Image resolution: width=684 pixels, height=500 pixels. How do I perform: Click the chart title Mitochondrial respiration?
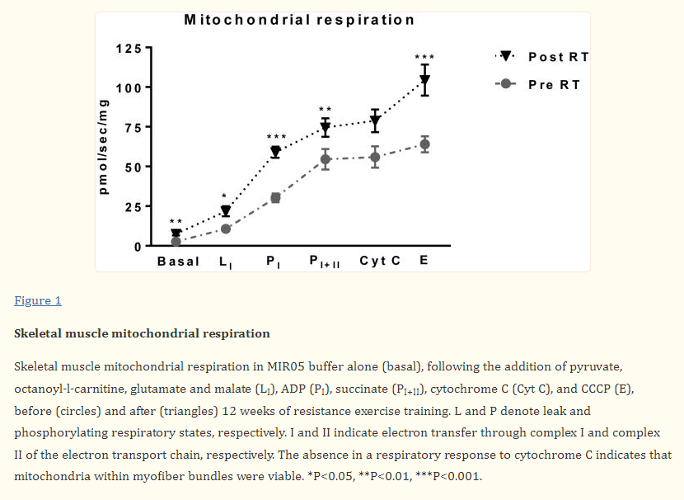pos(299,20)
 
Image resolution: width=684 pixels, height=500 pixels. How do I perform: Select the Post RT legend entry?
pos(558,57)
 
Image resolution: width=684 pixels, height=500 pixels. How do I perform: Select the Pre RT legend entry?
pos(554,84)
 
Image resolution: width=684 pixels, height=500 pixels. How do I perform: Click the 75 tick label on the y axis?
pos(131,127)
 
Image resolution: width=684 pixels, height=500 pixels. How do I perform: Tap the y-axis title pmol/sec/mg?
pos(103,147)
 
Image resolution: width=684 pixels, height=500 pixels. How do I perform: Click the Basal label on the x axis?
pos(178,262)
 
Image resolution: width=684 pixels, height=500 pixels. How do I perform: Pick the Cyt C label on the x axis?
pos(380,262)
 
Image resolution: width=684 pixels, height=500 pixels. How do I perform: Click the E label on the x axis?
pos(424,262)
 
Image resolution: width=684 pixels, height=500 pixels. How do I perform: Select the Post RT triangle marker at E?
pos(424,80)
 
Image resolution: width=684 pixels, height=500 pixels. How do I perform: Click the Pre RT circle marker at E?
pos(424,144)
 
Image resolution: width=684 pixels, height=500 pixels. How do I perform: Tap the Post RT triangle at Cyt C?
pos(375,120)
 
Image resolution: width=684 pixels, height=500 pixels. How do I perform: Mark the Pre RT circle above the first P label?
pos(275,198)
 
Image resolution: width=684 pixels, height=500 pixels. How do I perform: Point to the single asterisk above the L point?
pos(225,196)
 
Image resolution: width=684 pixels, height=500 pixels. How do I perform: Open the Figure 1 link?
pos(38,300)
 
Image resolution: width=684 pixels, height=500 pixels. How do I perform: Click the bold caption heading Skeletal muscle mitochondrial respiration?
pos(142,333)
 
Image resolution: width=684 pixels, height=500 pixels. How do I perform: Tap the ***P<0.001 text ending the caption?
pos(447,477)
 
